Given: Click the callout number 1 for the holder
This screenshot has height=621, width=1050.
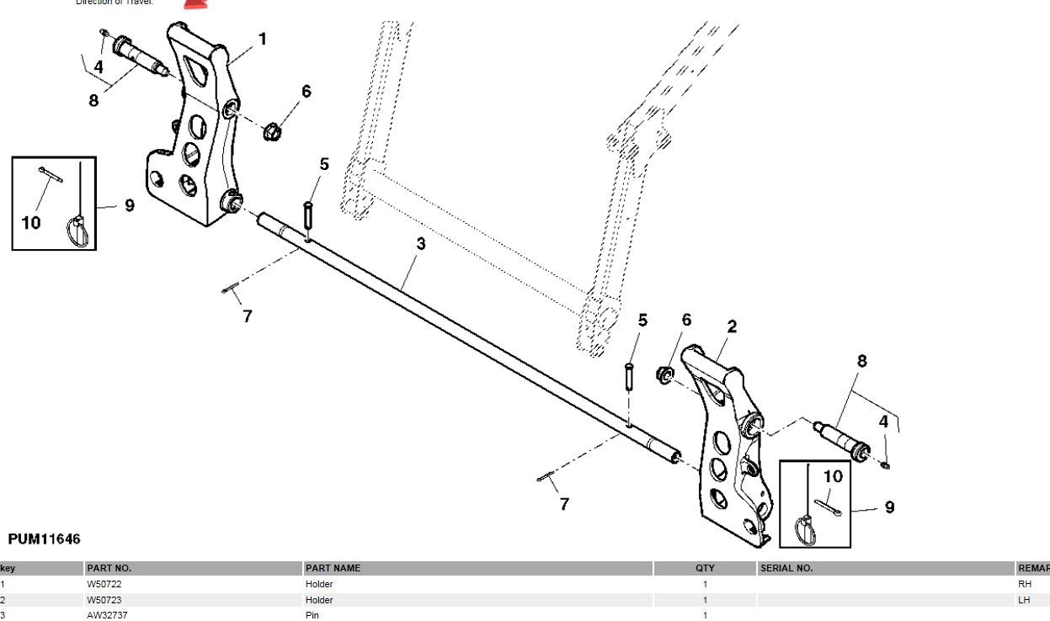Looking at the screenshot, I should click(262, 39).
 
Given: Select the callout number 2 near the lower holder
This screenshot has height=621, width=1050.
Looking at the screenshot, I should click(732, 326).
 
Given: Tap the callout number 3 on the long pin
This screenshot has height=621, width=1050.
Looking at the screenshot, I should click(421, 244).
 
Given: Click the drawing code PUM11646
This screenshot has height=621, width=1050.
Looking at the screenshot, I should click(44, 539).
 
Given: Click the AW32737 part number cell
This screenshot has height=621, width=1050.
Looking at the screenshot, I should click(107, 615).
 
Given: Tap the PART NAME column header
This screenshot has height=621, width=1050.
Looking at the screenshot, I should click(333, 568).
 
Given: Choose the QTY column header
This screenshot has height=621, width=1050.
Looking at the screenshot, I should click(706, 568).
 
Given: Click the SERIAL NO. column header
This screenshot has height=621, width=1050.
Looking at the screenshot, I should click(786, 568).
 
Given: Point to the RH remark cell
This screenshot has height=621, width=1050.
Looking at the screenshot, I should click(1025, 584).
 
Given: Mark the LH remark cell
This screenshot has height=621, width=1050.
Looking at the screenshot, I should click(1024, 600).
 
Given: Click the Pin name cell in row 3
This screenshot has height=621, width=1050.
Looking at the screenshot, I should click(312, 615).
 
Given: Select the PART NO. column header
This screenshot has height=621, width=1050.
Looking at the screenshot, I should click(109, 568).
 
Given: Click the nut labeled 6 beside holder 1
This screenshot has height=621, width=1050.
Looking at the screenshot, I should click(271, 131).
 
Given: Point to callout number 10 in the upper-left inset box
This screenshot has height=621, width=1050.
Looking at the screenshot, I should click(30, 223).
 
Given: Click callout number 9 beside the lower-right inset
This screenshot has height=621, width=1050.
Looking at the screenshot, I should click(889, 507).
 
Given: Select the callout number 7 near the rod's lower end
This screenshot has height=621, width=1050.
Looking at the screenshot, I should click(564, 504).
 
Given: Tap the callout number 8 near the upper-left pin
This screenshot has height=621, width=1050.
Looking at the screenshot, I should click(93, 100).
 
